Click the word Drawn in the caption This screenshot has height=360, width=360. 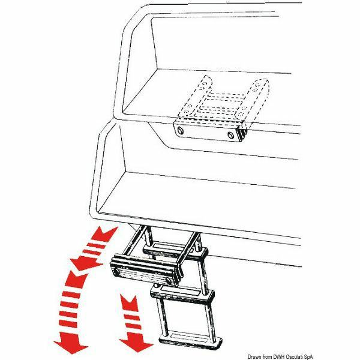coord(254,356)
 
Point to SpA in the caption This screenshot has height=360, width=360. coord(308,356)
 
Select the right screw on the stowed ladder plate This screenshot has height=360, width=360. coord(230,135)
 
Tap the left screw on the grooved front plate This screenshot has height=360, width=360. coord(117,272)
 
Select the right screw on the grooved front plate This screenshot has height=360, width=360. coord(169,281)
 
